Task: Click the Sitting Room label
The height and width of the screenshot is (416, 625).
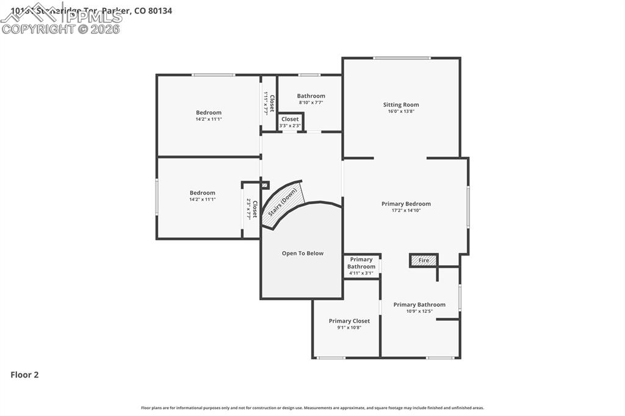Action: click(401, 104)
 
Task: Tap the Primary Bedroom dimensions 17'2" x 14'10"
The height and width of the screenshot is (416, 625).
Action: click(406, 210)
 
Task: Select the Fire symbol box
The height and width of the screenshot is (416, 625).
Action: click(424, 260)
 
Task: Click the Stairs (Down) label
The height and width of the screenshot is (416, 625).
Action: click(283, 202)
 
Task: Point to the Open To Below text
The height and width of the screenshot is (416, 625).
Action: click(303, 253)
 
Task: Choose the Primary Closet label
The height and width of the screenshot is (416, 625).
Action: click(349, 321)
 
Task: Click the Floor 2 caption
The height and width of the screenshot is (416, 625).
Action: click(24, 375)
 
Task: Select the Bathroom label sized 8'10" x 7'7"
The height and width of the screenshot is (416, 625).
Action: click(311, 96)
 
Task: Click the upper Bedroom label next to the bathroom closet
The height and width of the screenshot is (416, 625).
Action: click(209, 112)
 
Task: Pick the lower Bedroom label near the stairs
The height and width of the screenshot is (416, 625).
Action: click(202, 193)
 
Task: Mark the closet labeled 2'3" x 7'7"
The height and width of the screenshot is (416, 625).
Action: click(251, 209)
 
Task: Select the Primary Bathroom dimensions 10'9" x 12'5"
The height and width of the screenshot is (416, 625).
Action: click(419, 311)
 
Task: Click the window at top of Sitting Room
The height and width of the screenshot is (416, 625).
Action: click(402, 59)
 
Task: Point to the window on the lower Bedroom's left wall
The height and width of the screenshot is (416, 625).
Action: click(157, 196)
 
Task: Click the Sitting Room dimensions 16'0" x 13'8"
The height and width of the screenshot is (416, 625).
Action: click(401, 111)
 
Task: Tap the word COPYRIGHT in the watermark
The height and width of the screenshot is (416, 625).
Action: click(38, 29)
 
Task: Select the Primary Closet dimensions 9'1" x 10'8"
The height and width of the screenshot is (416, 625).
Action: click(349, 328)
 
